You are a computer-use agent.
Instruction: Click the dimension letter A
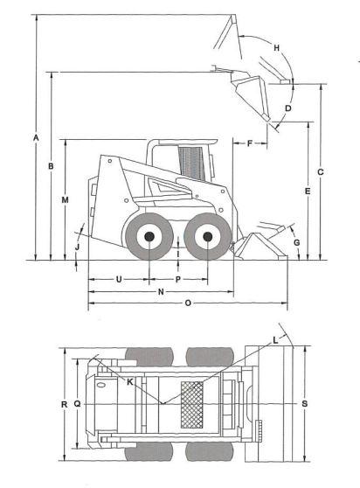[x=36, y=137]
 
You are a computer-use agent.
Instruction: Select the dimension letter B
[x=51, y=166]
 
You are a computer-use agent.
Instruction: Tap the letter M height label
[x=65, y=199]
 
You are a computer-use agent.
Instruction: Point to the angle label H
[x=276, y=48]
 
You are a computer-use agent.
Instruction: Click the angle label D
[x=288, y=108]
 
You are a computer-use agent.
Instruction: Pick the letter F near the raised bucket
[x=250, y=143]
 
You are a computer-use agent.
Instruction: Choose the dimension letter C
[x=320, y=171]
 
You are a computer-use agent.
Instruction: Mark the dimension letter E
[x=308, y=192]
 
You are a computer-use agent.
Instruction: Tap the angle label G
[x=297, y=242]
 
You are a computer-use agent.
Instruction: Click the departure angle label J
[x=78, y=247]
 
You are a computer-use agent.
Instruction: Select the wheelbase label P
[x=178, y=279]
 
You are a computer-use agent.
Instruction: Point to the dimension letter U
[x=119, y=279]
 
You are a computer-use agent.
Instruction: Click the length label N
[x=161, y=291]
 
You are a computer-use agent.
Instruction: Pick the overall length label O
[x=188, y=303]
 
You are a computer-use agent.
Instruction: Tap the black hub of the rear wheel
[x=149, y=236]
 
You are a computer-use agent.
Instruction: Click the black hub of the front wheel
[x=208, y=237]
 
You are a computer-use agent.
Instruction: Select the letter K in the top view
[x=130, y=382]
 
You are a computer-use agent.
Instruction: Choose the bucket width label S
[x=305, y=404]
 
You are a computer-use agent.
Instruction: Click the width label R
[x=64, y=404]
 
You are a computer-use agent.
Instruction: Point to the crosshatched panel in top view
[x=192, y=405]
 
